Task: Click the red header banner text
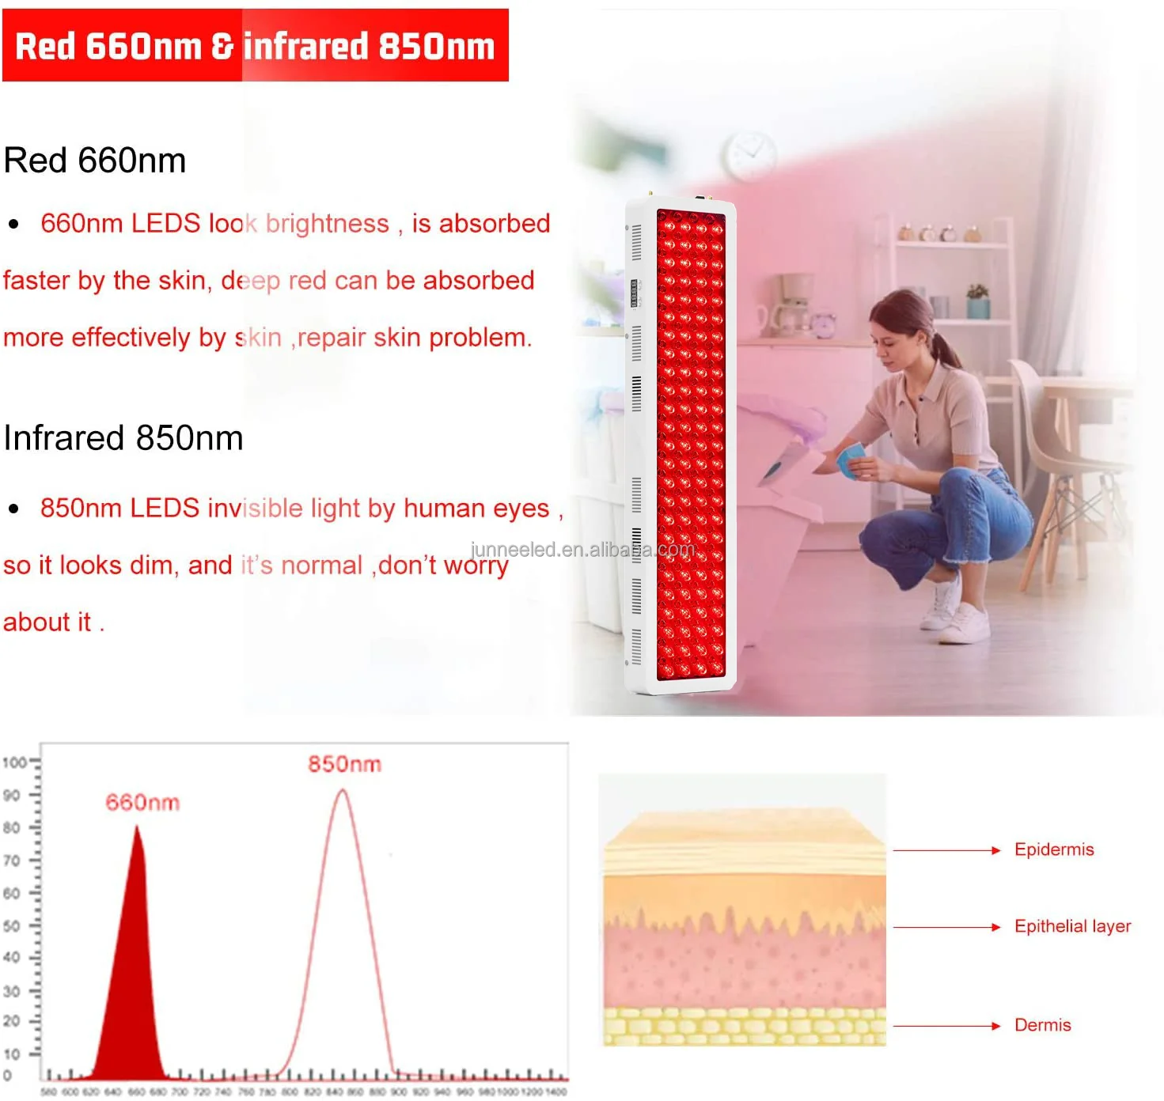click(255, 46)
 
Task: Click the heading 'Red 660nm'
click(95, 161)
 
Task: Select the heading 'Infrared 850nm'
click(123, 438)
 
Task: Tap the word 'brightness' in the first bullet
click(328, 224)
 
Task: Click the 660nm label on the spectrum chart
click(142, 803)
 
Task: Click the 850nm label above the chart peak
click(344, 764)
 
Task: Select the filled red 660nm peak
click(135, 989)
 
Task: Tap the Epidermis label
click(1054, 849)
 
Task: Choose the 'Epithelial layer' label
click(1072, 926)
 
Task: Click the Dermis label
click(1042, 1025)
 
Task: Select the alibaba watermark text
click(582, 550)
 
